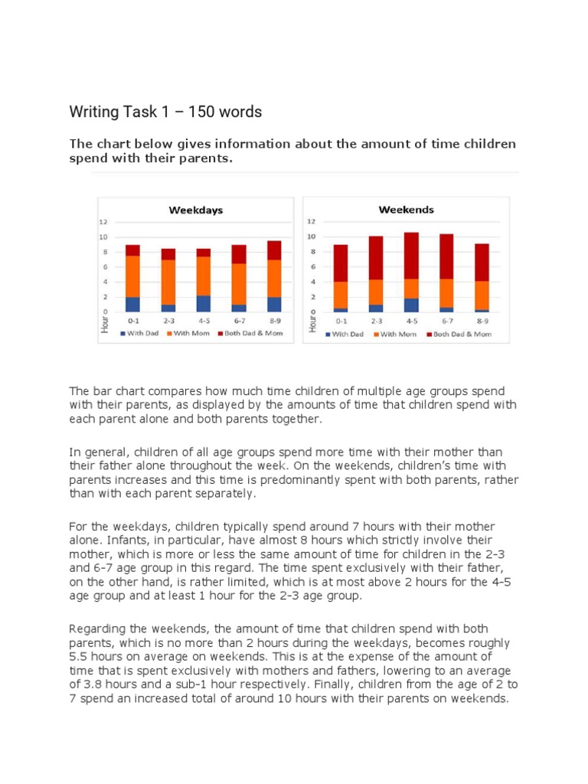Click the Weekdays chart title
[x=195, y=210]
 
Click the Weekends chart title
[x=406, y=209]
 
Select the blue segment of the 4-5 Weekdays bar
[x=204, y=303]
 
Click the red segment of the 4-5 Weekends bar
[x=410, y=255]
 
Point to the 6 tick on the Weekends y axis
[x=312, y=266]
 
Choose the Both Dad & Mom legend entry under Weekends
[x=461, y=334]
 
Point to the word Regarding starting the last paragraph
[x=96, y=629]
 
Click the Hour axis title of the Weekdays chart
[x=104, y=324]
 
